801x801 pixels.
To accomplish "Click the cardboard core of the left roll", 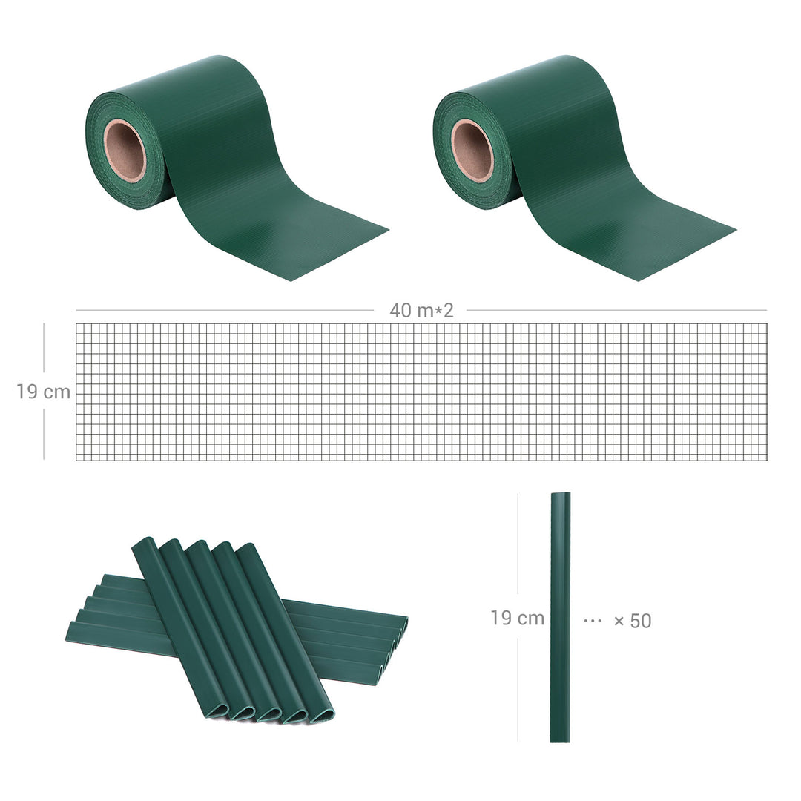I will click(125, 151).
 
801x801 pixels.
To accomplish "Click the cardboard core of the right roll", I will click(472, 151).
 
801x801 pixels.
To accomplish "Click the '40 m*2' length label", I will click(421, 311).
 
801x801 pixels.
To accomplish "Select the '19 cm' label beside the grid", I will click(44, 392).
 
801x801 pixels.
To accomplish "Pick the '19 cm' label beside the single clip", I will click(517, 618).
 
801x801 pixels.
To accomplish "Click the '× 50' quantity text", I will click(633, 621).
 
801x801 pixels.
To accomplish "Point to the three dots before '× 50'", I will click(593, 620).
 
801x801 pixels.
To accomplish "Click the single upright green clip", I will click(560, 616).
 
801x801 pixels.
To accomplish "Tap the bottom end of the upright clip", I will click(560, 738).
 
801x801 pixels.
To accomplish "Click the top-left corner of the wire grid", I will click(77, 324).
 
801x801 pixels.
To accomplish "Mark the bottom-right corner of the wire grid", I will click(767, 459).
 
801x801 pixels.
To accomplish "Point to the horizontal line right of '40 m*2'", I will click(616, 311).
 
